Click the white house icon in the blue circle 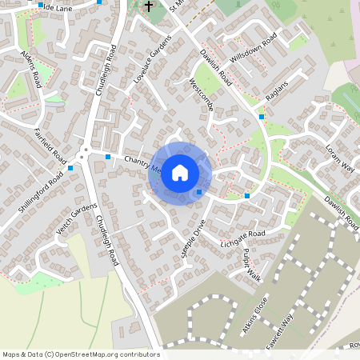coord(180,173)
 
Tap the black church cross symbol coord(148,6)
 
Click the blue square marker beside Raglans coord(262,117)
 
